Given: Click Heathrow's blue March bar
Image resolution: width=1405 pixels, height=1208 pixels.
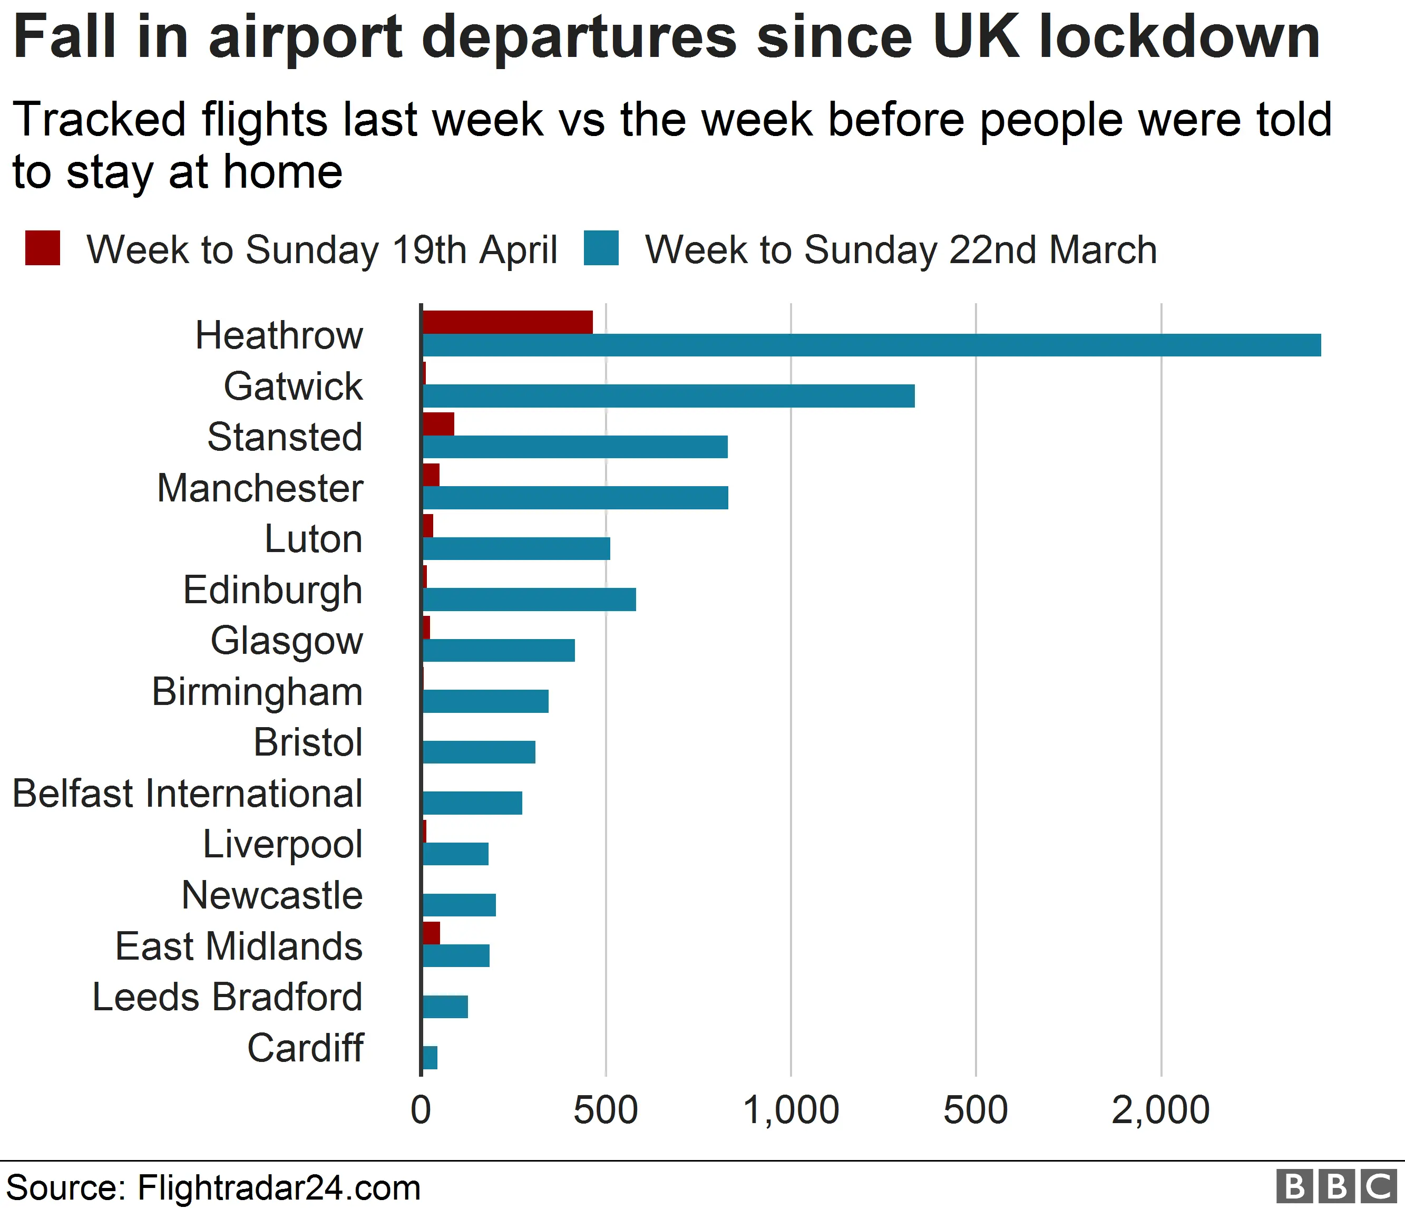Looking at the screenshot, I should [871, 345].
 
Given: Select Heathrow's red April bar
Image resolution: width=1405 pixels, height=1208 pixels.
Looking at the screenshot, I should [507, 322].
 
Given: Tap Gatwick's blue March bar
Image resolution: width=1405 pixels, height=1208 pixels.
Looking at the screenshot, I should [668, 396].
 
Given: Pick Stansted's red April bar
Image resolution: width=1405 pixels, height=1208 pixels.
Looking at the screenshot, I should [438, 424].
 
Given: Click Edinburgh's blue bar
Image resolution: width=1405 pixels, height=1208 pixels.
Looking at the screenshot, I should [529, 600].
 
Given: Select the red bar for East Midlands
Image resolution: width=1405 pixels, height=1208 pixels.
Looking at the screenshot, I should [431, 933].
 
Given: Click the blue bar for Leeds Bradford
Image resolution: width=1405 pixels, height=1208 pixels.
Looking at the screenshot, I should [445, 1007].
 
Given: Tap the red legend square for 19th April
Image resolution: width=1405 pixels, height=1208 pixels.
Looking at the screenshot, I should [43, 248].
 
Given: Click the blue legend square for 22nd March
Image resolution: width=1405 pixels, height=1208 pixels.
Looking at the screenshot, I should [601, 248].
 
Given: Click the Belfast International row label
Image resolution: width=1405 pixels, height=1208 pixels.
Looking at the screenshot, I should [188, 794].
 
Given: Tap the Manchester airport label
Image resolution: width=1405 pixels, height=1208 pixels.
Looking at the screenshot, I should [260, 488].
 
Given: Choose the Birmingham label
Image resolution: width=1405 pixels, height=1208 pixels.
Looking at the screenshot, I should [257, 692].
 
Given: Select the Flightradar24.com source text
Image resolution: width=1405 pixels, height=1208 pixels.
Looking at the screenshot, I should [279, 1187].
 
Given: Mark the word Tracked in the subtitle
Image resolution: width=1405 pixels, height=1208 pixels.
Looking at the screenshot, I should [99, 119].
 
